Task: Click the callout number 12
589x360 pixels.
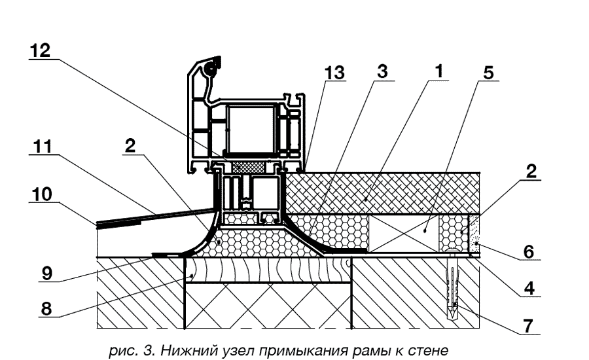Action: (41, 52)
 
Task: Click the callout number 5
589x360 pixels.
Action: (487, 73)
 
